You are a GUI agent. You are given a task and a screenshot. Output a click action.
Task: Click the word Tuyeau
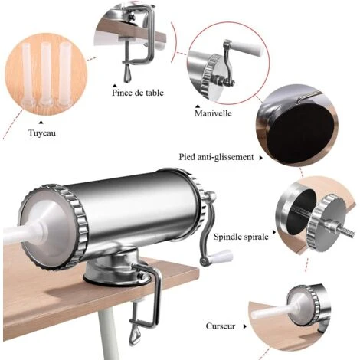(x=42, y=133)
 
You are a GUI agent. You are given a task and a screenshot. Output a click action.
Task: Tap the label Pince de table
(x=138, y=93)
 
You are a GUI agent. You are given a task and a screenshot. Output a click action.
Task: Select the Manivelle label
(x=213, y=113)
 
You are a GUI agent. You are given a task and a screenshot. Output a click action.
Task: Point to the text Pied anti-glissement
(x=216, y=157)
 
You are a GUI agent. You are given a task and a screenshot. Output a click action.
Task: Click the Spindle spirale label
(x=241, y=237)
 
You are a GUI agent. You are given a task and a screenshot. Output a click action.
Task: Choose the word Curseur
(x=221, y=326)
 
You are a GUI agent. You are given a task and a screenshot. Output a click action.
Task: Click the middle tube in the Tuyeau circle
(x=46, y=73)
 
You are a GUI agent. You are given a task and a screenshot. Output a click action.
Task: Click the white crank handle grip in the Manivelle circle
(x=247, y=48)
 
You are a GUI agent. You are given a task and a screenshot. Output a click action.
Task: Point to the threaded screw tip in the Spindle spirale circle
(x=346, y=233)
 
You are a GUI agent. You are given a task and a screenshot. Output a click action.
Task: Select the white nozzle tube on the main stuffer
(x=24, y=234)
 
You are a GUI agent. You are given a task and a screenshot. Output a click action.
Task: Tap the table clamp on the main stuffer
(x=145, y=301)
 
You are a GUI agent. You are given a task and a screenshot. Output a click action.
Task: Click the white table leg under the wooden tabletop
(x=107, y=332)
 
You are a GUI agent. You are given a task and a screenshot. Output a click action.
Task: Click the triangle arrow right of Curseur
(x=245, y=326)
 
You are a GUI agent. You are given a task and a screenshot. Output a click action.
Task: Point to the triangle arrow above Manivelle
(x=198, y=106)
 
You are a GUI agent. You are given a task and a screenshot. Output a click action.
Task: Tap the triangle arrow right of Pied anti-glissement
(x=261, y=158)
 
